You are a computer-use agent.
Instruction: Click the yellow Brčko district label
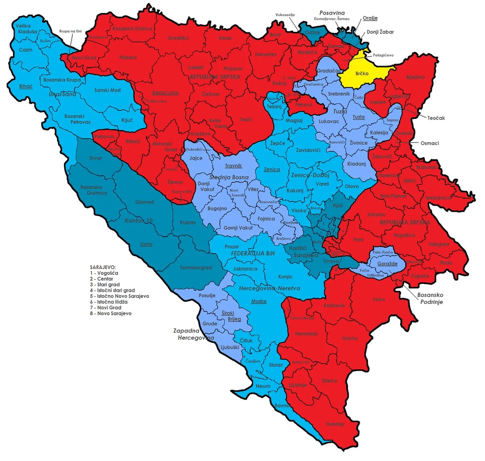362,74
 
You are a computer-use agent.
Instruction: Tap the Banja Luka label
165,93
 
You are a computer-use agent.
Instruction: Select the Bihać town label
26,86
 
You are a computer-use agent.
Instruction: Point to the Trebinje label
335,424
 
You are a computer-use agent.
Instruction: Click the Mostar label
259,301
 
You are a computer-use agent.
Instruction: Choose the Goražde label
387,264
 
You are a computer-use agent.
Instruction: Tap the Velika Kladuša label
26,29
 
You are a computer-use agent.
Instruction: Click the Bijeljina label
415,77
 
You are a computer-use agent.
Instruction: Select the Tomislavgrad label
196,268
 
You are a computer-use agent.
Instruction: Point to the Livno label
146,244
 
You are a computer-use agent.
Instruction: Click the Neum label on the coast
263,386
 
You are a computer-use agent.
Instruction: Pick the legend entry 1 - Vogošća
104,273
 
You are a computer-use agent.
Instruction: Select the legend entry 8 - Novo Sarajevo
110,313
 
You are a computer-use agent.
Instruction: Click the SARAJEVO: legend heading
103,267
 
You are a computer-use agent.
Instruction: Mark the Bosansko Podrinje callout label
430,298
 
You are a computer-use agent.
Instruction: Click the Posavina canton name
332,13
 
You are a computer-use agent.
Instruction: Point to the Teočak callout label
436,118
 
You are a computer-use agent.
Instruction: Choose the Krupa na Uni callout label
70,31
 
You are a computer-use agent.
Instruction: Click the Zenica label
272,169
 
